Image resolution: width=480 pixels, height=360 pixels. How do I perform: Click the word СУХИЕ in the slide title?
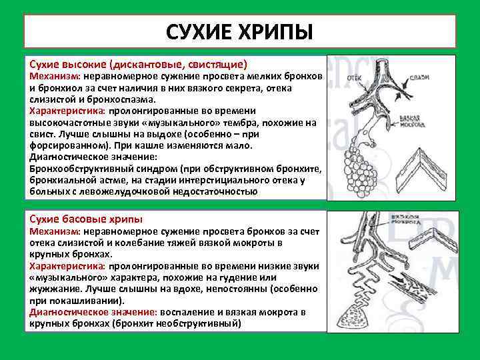click(x=199, y=32)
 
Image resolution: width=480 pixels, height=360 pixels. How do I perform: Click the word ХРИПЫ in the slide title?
click(x=275, y=32)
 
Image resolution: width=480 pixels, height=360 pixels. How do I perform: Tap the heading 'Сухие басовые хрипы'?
click(x=86, y=219)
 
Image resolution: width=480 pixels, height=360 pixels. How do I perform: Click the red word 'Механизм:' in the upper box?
click(x=55, y=77)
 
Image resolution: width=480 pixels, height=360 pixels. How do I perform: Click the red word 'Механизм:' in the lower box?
click(x=55, y=231)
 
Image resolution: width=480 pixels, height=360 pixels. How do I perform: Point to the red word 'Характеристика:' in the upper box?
click(x=67, y=111)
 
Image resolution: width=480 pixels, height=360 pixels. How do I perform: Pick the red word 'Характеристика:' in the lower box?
click(x=67, y=265)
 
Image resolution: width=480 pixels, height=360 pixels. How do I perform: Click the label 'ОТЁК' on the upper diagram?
click(x=355, y=78)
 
